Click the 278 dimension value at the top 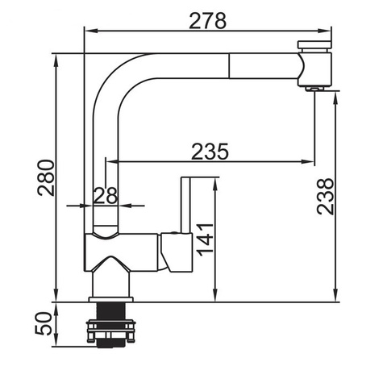click(208, 21)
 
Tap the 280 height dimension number click(46, 177)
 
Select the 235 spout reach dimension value click(210, 152)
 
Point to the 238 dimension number click(325, 197)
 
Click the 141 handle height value click(205, 239)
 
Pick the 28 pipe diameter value click(106, 195)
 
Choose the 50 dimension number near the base click(43, 323)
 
